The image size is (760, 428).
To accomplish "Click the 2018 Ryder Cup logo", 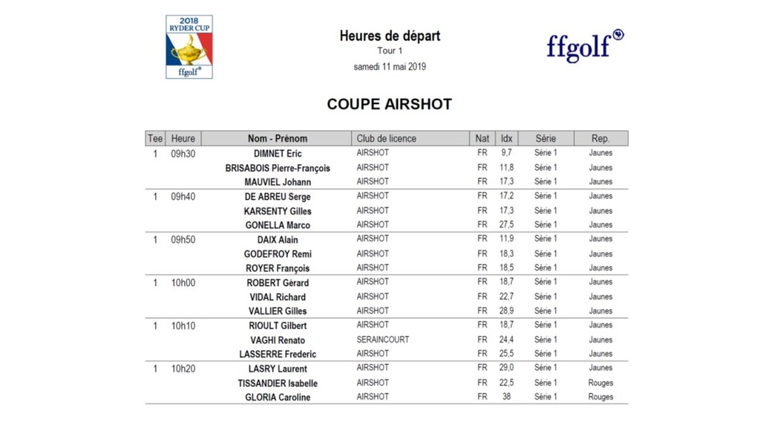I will point(189,47).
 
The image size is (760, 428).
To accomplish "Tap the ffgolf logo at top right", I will point(585,46).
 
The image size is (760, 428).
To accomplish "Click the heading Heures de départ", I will point(390,36).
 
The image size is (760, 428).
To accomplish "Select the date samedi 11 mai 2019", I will point(390,67).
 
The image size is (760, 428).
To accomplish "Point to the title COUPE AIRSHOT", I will point(390,104).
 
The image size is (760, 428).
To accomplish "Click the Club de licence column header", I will point(387,138).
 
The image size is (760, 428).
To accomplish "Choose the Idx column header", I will point(506,138).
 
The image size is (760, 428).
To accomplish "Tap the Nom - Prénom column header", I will point(277,138).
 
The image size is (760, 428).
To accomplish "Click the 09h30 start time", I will point(183,154).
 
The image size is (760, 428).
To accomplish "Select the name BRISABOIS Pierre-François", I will point(278,168).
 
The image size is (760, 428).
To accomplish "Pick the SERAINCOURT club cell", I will point(383,340).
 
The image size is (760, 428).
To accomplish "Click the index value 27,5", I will point(506,224).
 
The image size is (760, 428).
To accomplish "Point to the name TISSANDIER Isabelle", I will point(278,383).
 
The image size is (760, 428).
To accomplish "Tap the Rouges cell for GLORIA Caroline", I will point(600,397).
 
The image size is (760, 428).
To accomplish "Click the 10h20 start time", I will point(183,369).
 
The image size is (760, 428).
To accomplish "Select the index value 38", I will point(506,397).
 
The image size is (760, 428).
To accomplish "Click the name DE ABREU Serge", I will point(278,197).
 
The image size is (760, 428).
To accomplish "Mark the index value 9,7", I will point(506,153).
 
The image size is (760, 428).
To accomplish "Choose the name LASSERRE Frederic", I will point(278,354).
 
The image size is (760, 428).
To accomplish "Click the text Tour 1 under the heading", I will point(390,51).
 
